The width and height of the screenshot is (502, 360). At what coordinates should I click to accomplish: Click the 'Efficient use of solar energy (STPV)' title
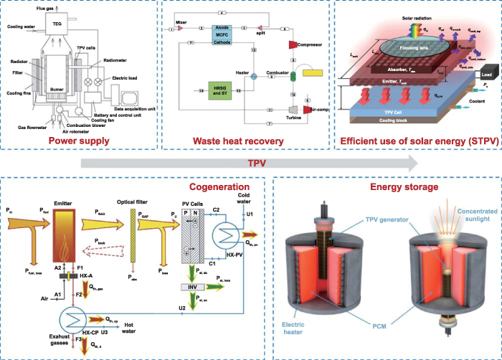[x=417, y=141]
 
